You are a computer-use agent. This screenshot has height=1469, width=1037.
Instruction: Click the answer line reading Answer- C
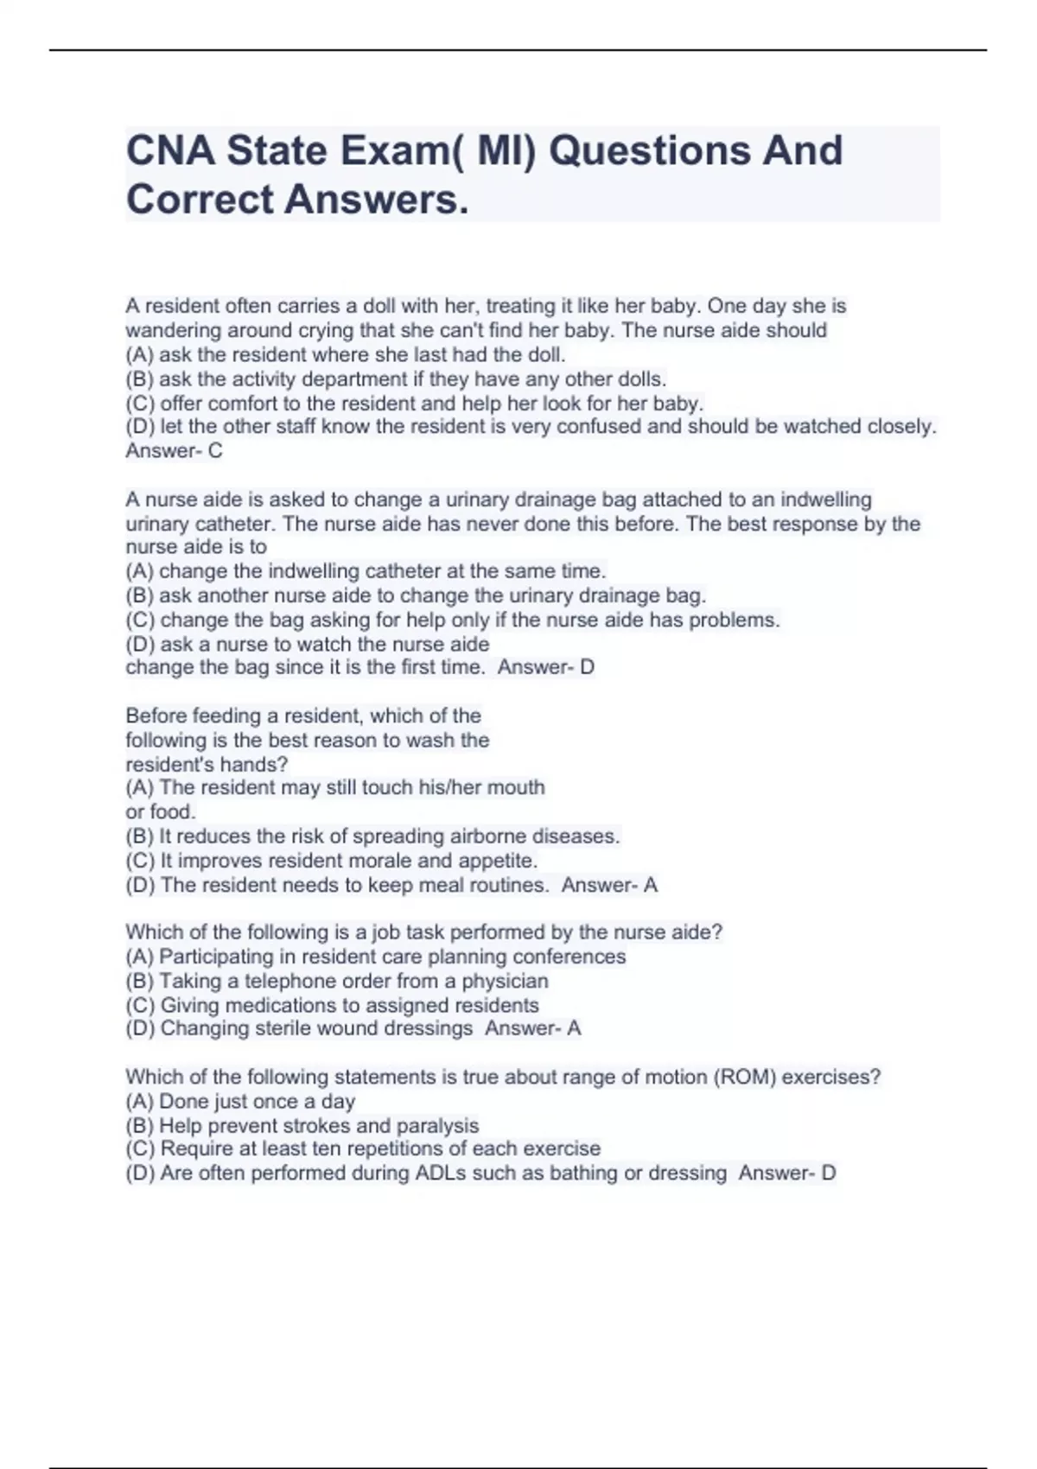pyautogui.click(x=174, y=450)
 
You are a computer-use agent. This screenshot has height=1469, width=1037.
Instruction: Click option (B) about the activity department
pyautogui.click(x=396, y=378)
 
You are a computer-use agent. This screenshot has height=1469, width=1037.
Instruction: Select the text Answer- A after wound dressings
pyautogui.click(x=532, y=1028)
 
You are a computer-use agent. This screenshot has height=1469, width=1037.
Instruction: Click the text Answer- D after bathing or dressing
pyautogui.click(x=786, y=1173)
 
